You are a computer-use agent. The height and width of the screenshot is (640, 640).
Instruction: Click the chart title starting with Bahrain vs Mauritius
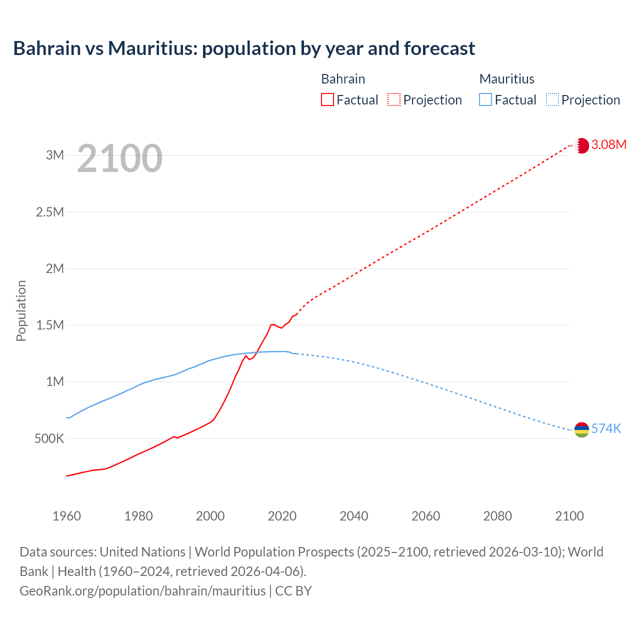[244, 48]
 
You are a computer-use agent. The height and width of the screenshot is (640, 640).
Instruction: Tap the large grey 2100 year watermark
[119, 158]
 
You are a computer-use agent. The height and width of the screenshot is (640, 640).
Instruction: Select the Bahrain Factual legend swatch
[327, 99]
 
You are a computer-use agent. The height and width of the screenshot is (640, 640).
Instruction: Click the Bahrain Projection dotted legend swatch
[394, 99]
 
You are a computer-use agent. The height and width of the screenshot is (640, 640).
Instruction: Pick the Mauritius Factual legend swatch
[485, 99]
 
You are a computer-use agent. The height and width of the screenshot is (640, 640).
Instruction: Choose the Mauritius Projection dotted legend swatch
[552, 99]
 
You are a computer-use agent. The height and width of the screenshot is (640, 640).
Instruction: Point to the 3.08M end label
[608, 145]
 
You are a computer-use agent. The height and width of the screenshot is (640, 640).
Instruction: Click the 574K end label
[606, 429]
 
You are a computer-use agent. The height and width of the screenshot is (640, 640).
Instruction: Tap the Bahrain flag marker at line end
[581, 145]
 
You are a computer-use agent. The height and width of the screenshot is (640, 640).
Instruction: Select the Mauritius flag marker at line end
[581, 429]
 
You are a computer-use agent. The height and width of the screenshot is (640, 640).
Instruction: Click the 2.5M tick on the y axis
[50, 212]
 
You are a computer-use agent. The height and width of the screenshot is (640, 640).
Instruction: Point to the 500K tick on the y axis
[49, 439]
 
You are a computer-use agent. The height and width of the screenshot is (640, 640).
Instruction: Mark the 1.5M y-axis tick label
[50, 325]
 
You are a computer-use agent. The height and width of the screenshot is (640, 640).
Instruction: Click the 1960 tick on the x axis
[66, 516]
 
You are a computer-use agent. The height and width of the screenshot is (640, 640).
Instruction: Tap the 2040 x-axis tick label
[354, 516]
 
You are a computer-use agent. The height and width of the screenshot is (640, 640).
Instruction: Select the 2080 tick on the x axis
[497, 516]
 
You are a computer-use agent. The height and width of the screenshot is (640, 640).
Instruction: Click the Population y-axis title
[21, 310]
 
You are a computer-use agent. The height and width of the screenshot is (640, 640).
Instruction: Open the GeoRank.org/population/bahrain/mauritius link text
[142, 591]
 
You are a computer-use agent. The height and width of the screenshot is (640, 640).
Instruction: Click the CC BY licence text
[293, 591]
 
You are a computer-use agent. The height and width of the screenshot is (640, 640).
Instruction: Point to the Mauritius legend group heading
[506, 79]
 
